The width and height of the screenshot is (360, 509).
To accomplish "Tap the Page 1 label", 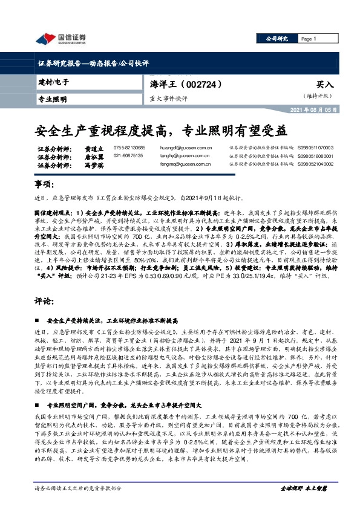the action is (310, 39).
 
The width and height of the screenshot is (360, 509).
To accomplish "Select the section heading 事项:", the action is (44, 184).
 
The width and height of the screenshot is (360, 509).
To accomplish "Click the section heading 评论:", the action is (44, 300).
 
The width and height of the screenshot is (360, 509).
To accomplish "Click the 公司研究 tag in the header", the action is (278, 39).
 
